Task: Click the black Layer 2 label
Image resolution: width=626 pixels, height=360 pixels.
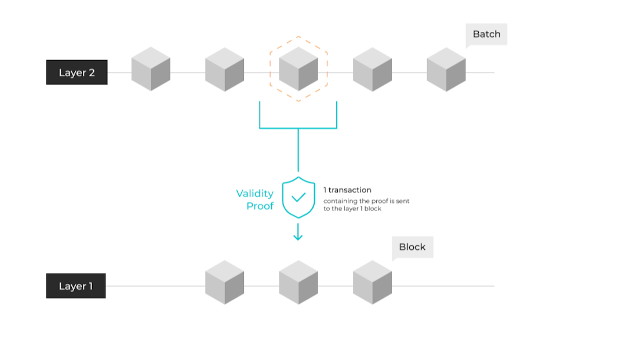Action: click(x=77, y=72)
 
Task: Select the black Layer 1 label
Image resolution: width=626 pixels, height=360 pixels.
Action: click(x=76, y=286)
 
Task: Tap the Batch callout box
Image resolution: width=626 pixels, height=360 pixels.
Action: click(x=486, y=34)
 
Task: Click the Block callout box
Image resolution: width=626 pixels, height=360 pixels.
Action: click(x=412, y=247)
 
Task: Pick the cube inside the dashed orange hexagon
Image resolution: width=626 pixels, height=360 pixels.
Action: click(x=298, y=69)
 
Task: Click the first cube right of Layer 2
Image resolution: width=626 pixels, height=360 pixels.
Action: click(x=151, y=69)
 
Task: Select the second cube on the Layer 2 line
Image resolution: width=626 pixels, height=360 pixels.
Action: click(x=224, y=69)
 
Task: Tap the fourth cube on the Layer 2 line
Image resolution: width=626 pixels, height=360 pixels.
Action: click(x=372, y=69)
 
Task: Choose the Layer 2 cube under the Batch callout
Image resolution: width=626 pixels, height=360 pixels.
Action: click(x=446, y=69)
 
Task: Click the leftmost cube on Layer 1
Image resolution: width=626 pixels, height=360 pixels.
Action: click(x=224, y=282)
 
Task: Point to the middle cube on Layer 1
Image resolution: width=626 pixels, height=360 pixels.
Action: click(x=298, y=282)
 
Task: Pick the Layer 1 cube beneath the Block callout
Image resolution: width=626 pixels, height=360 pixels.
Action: click(x=372, y=282)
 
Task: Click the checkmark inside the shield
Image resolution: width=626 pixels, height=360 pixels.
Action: click(x=299, y=197)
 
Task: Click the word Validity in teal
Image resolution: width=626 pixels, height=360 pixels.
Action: click(x=255, y=193)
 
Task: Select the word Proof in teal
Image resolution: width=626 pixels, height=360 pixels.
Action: click(x=260, y=206)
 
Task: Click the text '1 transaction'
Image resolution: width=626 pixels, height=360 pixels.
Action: click(x=347, y=190)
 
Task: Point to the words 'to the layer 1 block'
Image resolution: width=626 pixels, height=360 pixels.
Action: click(x=352, y=209)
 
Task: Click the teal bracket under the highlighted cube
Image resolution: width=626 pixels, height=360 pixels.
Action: click(x=298, y=128)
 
